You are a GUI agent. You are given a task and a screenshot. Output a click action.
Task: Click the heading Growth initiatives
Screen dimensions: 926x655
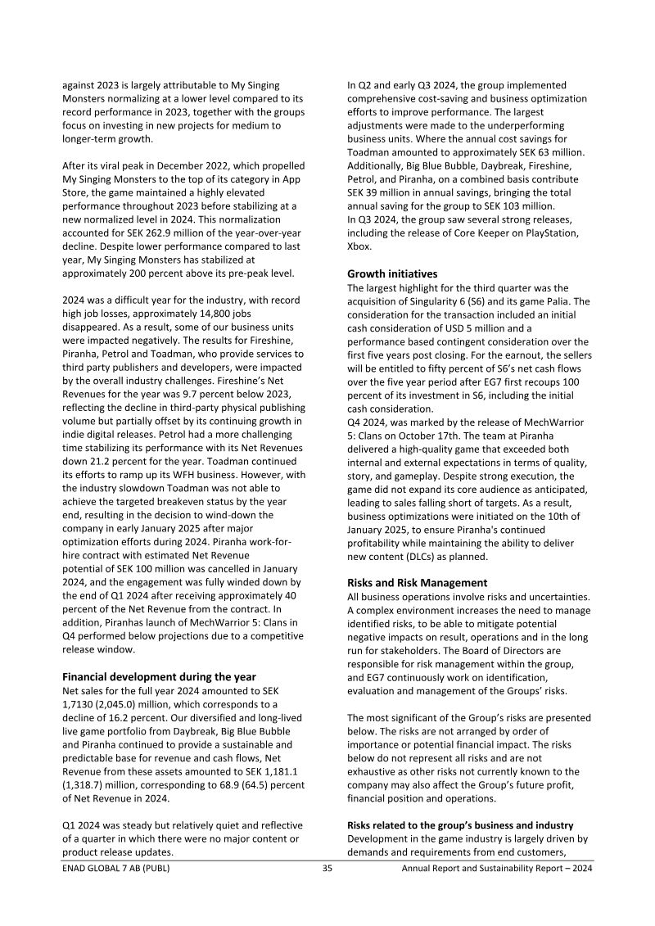392,274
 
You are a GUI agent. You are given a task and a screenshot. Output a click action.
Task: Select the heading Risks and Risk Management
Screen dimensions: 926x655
429,582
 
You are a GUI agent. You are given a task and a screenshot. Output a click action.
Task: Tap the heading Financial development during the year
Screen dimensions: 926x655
160,676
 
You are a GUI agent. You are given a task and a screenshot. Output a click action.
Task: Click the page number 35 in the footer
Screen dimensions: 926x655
327,869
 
